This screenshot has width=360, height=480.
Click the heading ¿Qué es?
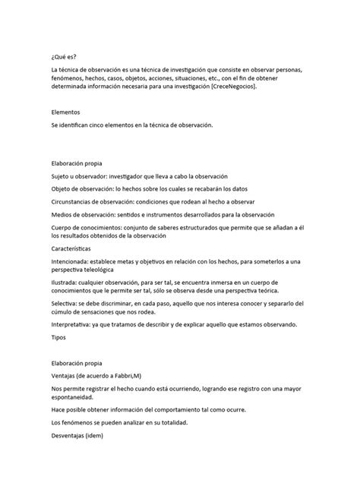(63, 55)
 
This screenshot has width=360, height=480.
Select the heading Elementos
(66, 112)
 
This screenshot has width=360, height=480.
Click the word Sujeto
(62, 174)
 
